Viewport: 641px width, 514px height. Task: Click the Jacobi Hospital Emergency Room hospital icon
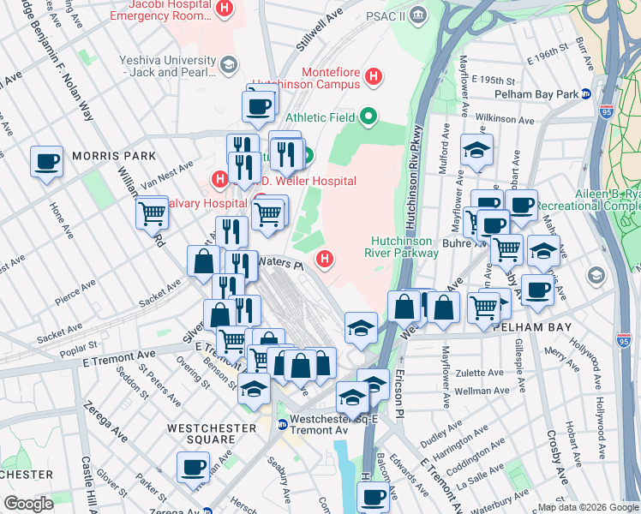[x=225, y=9]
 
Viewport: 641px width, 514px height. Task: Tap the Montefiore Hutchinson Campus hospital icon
[x=374, y=77]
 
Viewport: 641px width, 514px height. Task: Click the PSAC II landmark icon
[x=417, y=14]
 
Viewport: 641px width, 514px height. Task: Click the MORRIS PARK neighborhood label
[x=114, y=156]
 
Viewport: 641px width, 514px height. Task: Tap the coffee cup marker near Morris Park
[x=47, y=160]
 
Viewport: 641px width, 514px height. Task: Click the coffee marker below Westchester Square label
[x=193, y=467]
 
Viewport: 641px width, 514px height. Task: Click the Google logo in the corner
[x=28, y=504]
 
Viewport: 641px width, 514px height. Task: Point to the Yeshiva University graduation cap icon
[x=229, y=63]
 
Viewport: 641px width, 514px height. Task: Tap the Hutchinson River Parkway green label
[x=405, y=247]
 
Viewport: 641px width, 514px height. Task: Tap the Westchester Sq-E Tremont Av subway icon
[x=282, y=421]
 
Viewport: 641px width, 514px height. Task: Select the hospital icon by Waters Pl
[x=325, y=258]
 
